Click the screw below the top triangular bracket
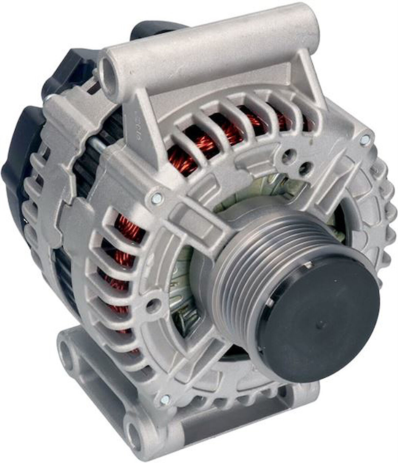pyautogui.click(x=157, y=198)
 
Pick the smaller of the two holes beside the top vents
pyautogui.click(x=305, y=167)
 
